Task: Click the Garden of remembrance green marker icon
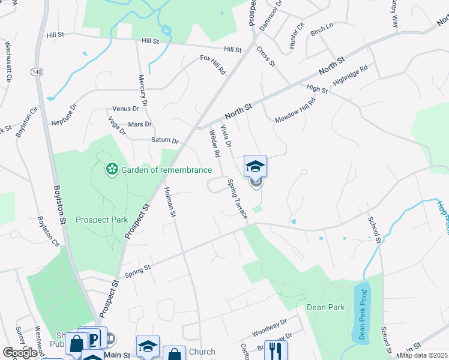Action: coord(111,170)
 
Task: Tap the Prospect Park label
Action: coord(101,220)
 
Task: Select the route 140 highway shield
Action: coord(37,72)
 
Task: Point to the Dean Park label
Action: coord(325,307)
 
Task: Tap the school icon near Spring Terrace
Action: coord(255,166)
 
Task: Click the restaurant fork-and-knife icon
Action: coord(276,350)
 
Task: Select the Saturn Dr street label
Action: coord(165,140)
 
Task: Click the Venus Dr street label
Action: coord(126,109)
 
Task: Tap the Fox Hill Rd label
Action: coord(212,65)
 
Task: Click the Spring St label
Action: coord(137,271)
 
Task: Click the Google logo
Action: coord(20,353)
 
